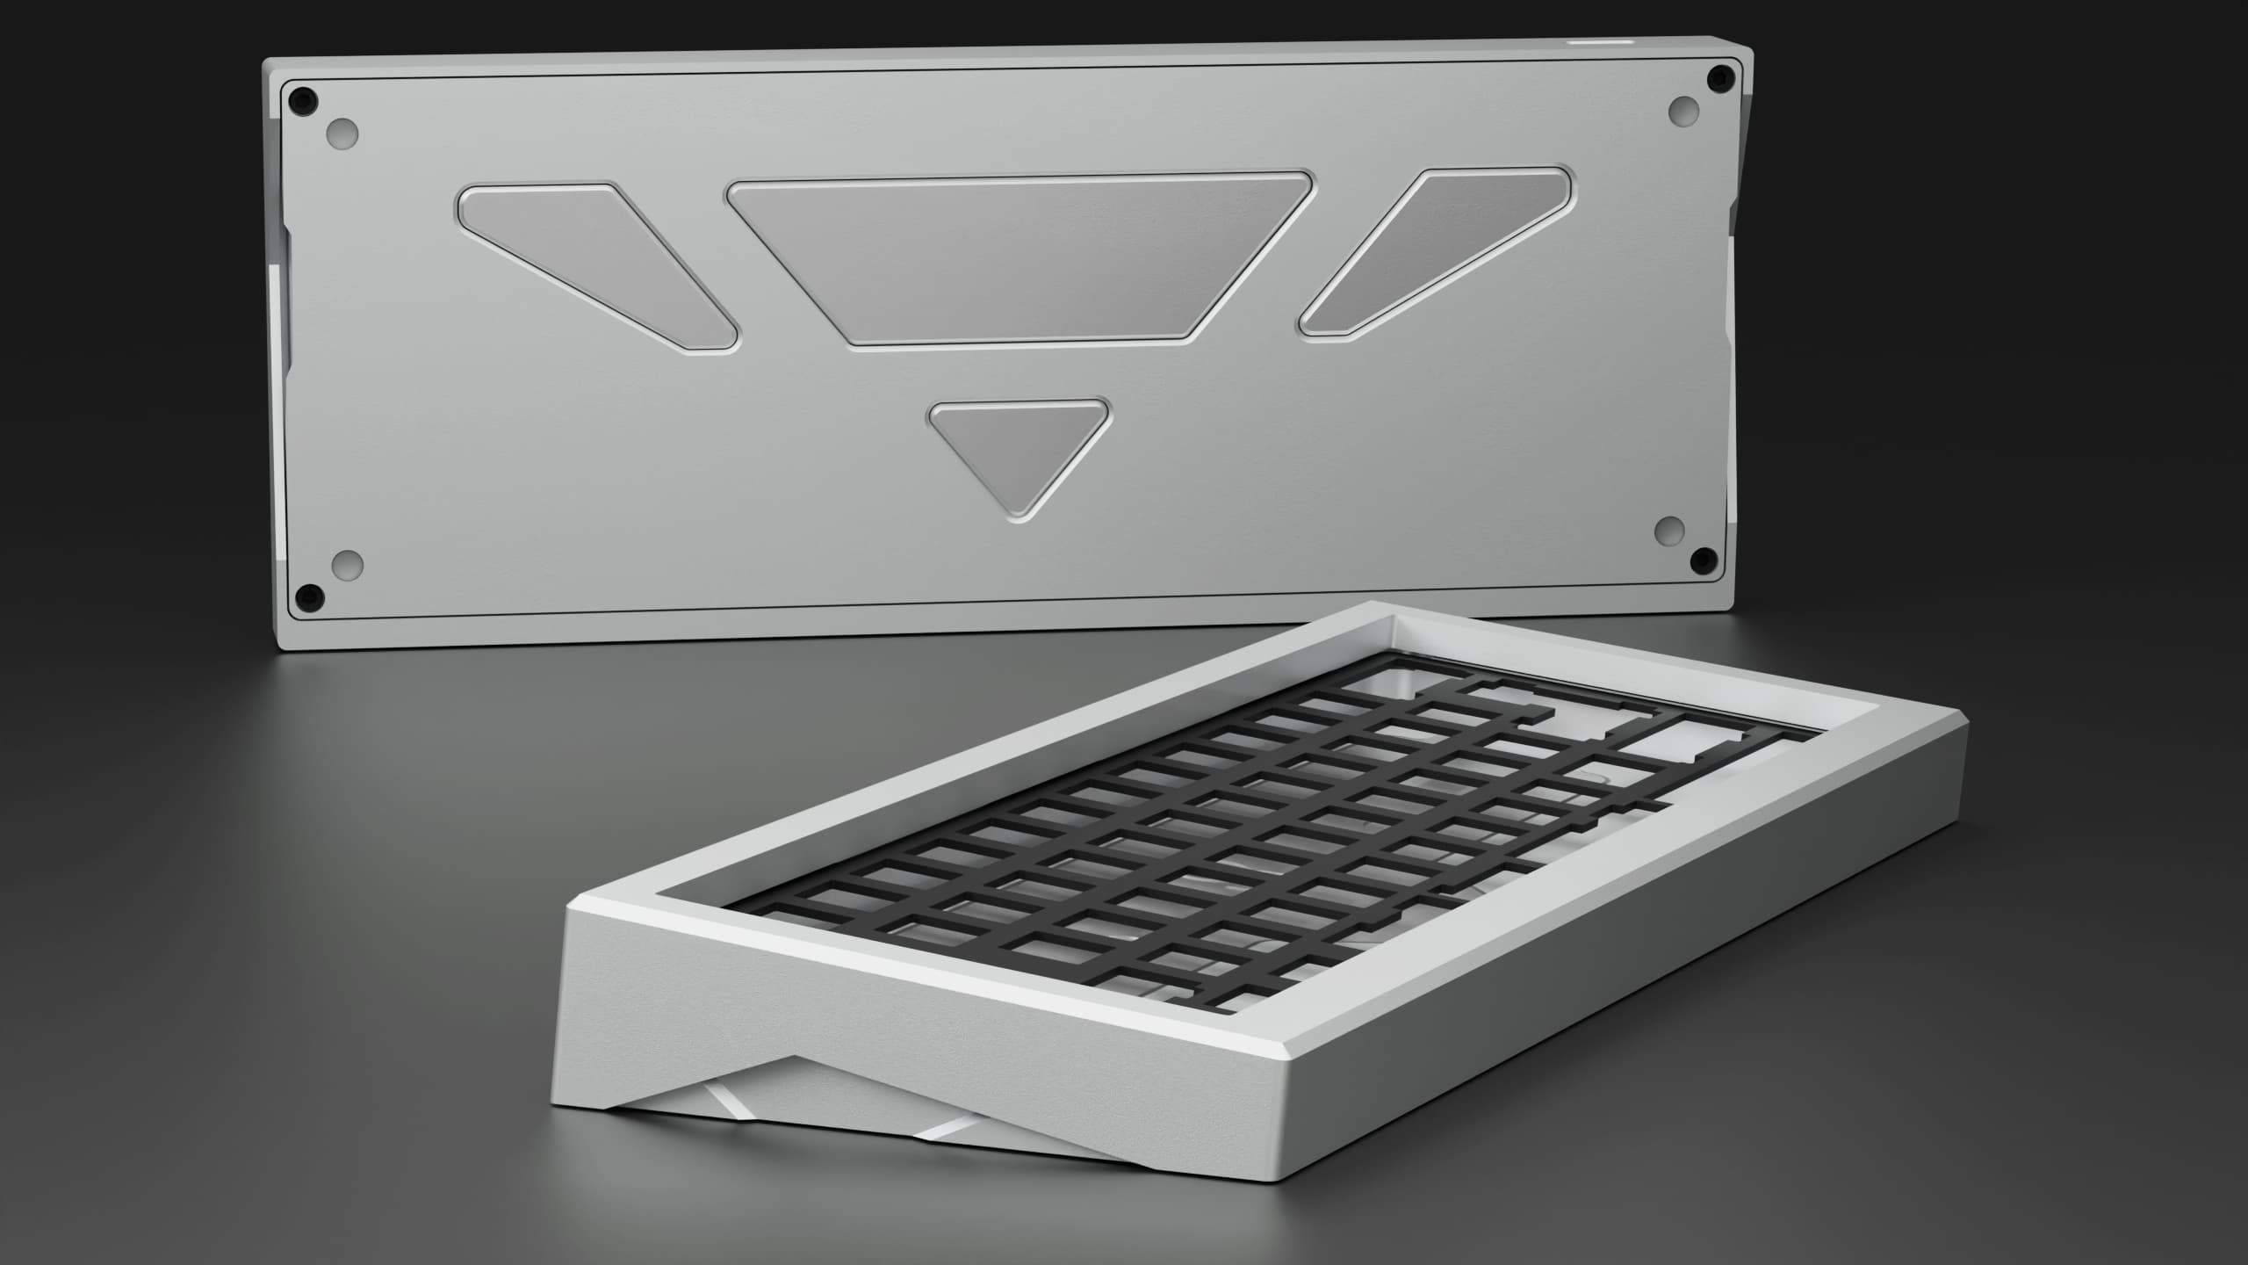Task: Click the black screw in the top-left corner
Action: point(304,98)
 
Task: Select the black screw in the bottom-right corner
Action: point(1703,557)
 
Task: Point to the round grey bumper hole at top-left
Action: point(342,134)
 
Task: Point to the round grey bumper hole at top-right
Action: point(1683,111)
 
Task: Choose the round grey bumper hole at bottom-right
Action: point(1669,530)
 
